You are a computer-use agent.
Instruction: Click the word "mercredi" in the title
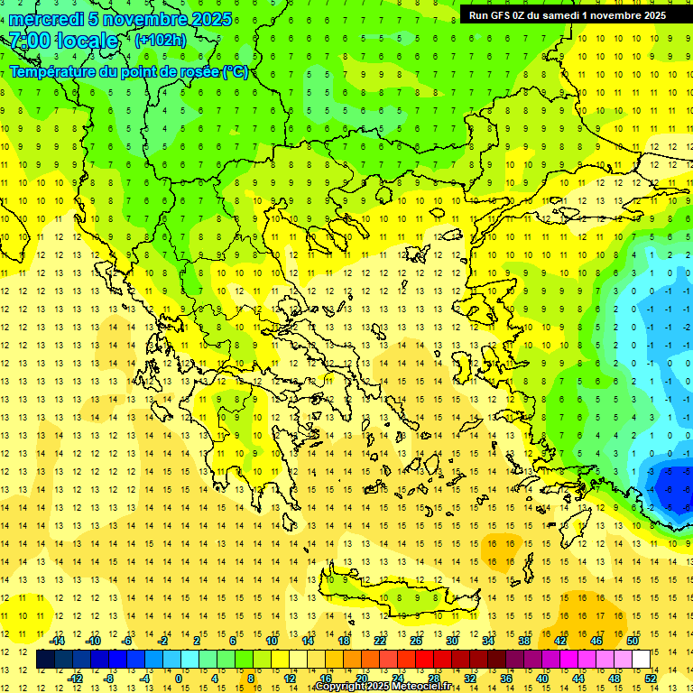[46, 19]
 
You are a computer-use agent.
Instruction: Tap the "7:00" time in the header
[29, 41]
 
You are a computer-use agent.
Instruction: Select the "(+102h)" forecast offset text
[160, 40]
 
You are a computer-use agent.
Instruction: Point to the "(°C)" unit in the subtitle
[236, 72]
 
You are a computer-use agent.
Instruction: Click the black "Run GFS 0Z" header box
[567, 14]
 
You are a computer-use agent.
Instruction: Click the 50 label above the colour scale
[633, 640]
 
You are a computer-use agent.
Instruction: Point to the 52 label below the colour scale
[651, 679]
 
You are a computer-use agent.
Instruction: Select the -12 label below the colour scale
[75, 679]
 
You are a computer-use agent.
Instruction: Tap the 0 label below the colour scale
[179, 679]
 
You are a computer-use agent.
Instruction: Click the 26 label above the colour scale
[416, 640]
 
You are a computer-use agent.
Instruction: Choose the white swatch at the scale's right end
[642, 660]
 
